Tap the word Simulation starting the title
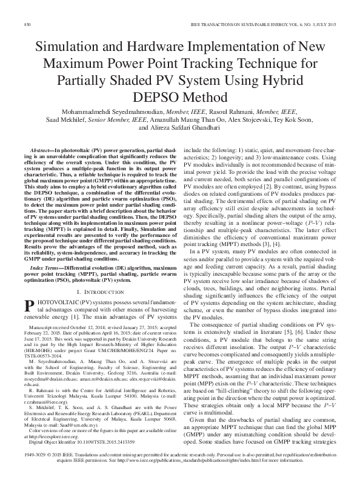(66, 47)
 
